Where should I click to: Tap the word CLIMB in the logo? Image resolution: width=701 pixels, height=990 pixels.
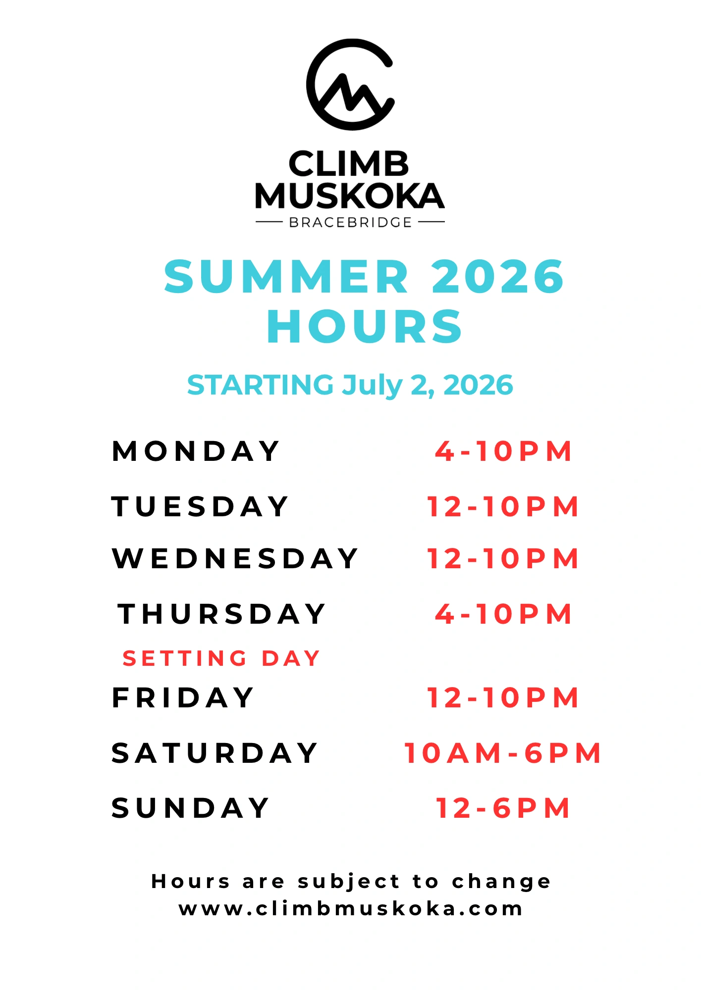(349, 164)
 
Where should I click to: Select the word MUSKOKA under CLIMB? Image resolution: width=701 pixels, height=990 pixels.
(350, 196)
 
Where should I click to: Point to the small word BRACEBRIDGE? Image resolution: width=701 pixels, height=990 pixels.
(350, 223)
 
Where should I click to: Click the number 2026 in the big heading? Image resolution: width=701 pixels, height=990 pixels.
(498, 276)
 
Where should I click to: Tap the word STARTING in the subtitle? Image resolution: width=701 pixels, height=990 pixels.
(261, 385)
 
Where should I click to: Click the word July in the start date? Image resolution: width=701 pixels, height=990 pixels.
(373, 386)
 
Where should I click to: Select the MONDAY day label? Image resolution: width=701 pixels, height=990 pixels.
(196, 451)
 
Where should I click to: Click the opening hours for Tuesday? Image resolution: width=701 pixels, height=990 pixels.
(503, 506)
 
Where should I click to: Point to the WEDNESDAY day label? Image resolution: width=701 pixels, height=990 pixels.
(235, 558)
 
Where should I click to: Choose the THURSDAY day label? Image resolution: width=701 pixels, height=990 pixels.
(221, 614)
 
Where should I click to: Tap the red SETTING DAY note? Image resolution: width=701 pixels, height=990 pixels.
(221, 658)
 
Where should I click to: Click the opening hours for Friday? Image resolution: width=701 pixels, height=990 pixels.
(503, 697)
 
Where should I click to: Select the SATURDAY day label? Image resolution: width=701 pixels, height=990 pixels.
(215, 753)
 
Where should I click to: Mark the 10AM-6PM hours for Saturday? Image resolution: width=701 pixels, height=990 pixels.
(503, 753)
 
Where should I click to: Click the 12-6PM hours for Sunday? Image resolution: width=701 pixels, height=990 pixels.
(503, 808)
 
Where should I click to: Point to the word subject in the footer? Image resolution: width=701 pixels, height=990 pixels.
(348, 882)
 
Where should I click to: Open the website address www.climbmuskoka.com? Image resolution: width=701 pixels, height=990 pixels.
(351, 908)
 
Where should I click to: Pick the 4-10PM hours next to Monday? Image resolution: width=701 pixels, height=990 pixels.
(503, 451)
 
